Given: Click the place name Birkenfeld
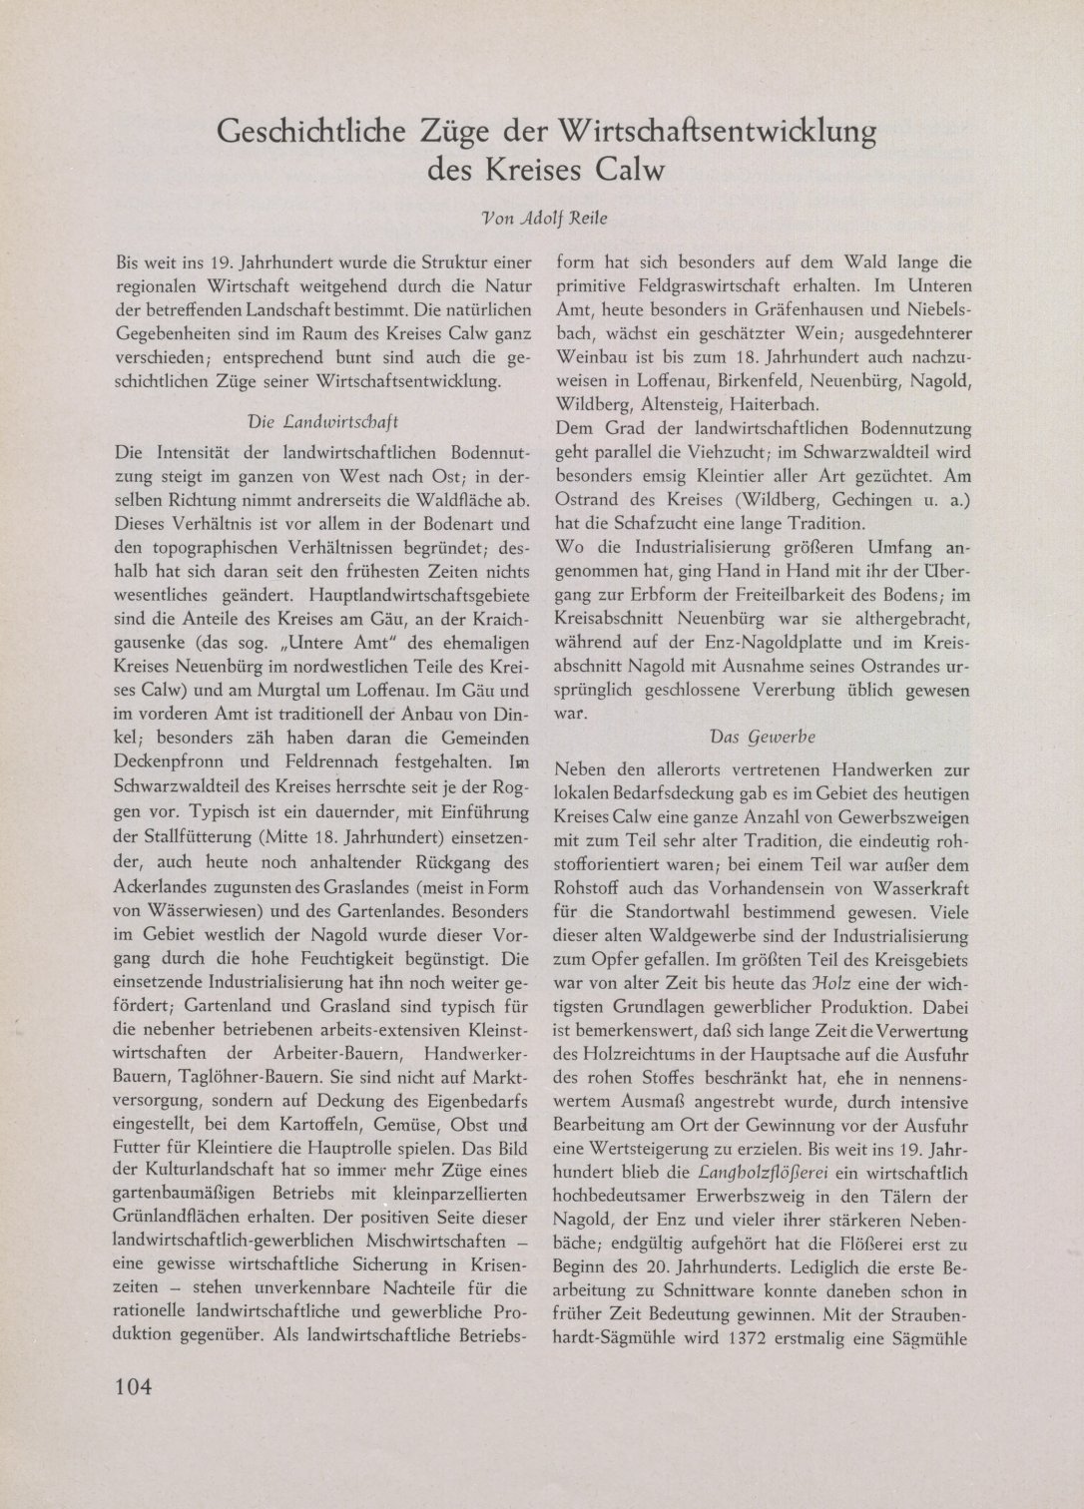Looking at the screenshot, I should (723, 383).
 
